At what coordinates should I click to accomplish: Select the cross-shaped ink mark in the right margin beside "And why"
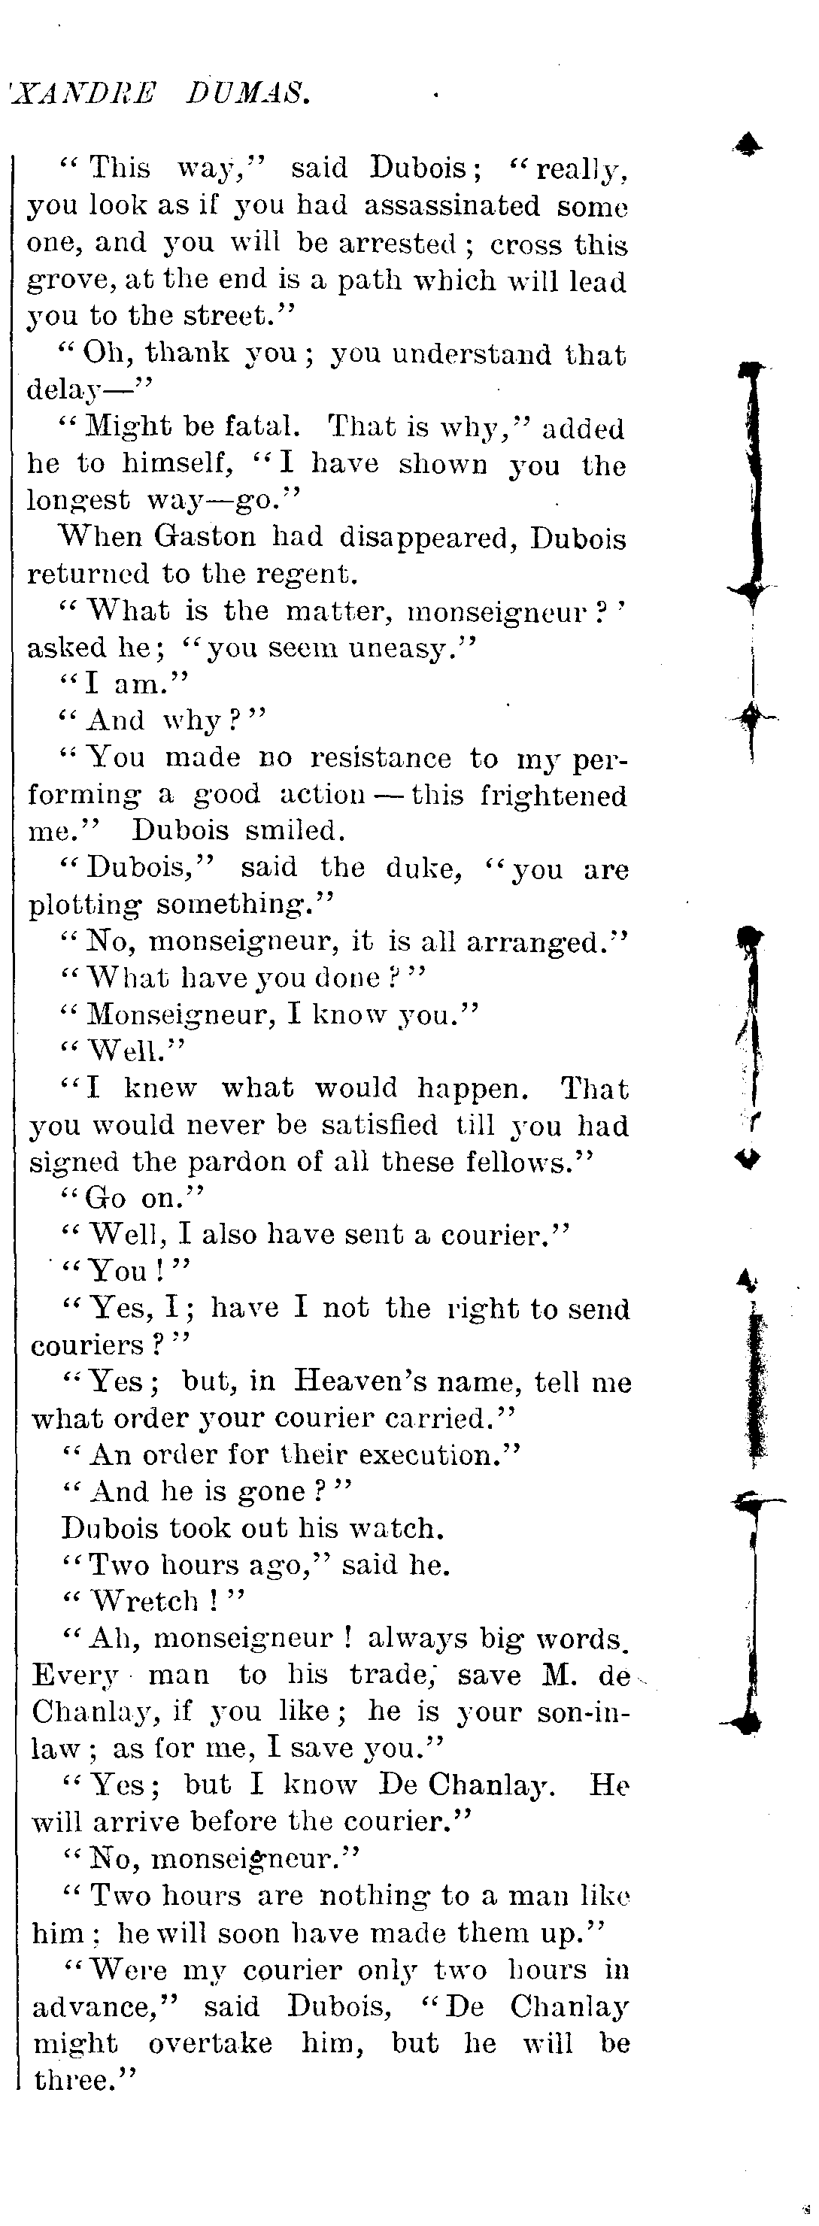tap(753, 717)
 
